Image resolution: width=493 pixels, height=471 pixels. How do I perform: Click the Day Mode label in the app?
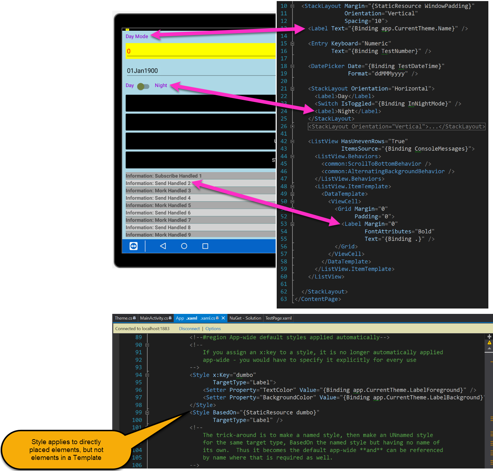137,37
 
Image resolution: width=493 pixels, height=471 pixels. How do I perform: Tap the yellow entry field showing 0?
200,50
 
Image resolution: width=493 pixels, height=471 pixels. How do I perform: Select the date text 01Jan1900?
142,71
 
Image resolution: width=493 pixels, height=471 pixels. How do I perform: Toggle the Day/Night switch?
143,86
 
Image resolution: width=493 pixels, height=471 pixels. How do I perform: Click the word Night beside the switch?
161,86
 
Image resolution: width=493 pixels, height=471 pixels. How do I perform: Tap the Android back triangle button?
163,246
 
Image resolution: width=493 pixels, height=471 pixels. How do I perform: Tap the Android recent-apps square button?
205,246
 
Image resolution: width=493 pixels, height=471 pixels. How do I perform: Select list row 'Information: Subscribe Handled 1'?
164,176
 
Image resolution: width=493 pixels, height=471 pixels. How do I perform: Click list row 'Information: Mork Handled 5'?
158,205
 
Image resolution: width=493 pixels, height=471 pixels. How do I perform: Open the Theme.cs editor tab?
125,318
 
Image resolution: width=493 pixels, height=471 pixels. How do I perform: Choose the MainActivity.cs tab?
156,318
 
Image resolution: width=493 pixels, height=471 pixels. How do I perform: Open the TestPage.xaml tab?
278,318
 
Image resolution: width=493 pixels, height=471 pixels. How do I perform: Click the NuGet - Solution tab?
245,318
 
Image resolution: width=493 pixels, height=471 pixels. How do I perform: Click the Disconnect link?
189,329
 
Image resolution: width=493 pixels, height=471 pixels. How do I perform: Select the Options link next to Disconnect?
213,329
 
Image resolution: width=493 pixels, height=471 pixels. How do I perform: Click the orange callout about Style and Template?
66,450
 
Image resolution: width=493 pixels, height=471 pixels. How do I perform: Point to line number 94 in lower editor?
138,375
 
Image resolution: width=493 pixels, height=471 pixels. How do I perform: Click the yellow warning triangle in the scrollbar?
489,343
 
